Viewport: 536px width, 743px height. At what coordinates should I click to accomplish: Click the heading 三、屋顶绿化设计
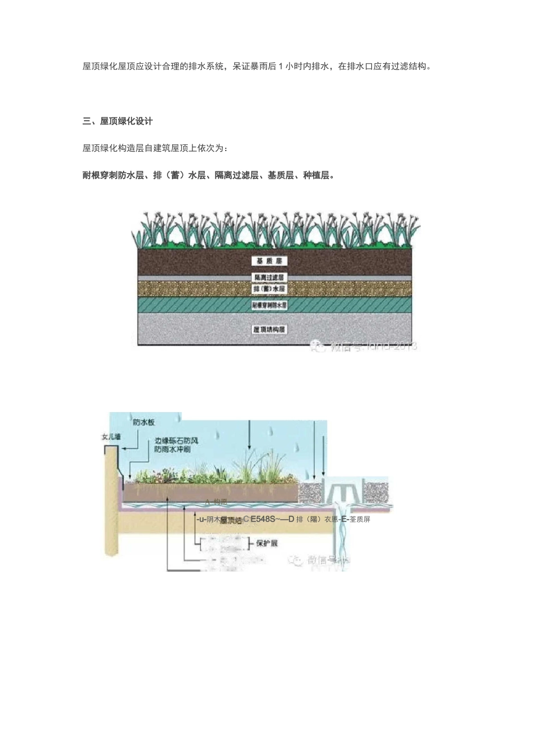[117, 121]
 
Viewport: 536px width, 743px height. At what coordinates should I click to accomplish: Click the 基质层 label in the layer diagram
[269, 261]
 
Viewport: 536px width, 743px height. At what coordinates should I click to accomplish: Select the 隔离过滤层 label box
[269, 277]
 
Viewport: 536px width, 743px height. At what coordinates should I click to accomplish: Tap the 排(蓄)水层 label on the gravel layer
[269, 289]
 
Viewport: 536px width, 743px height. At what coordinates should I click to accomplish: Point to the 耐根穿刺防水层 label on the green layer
[269, 305]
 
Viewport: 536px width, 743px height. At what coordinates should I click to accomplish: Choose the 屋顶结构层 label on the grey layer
[269, 329]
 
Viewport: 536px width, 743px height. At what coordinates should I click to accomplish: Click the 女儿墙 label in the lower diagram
[111, 437]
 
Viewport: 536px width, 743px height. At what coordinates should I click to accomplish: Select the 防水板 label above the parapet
[143, 422]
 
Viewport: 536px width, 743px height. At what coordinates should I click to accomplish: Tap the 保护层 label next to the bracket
[267, 543]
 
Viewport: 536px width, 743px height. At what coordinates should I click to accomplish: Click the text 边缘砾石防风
[176, 440]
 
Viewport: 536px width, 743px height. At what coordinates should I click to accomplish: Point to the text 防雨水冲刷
[172, 449]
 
